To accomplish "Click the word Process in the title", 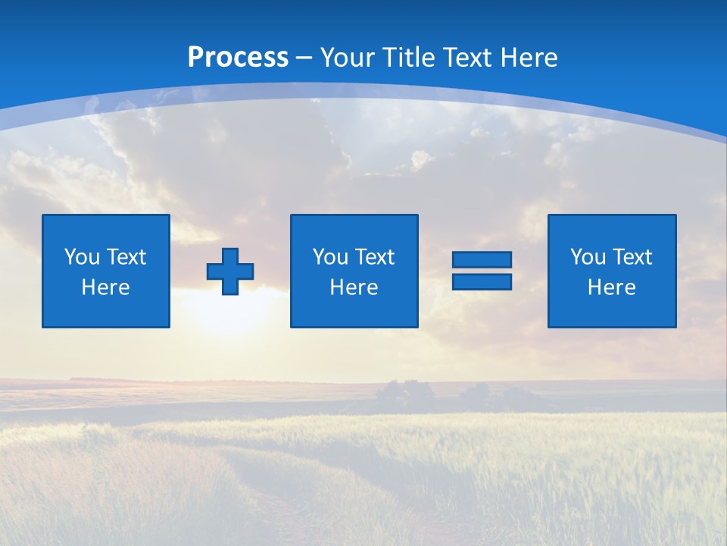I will coord(238,58).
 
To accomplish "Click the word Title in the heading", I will coord(410,58).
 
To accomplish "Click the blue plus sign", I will coord(230,271).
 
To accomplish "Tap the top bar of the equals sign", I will coord(482,259).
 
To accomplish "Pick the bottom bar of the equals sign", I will coord(482,281).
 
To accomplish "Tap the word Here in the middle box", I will coord(354,287).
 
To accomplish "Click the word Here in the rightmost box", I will coord(612,287).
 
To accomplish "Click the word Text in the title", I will coord(466,58).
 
